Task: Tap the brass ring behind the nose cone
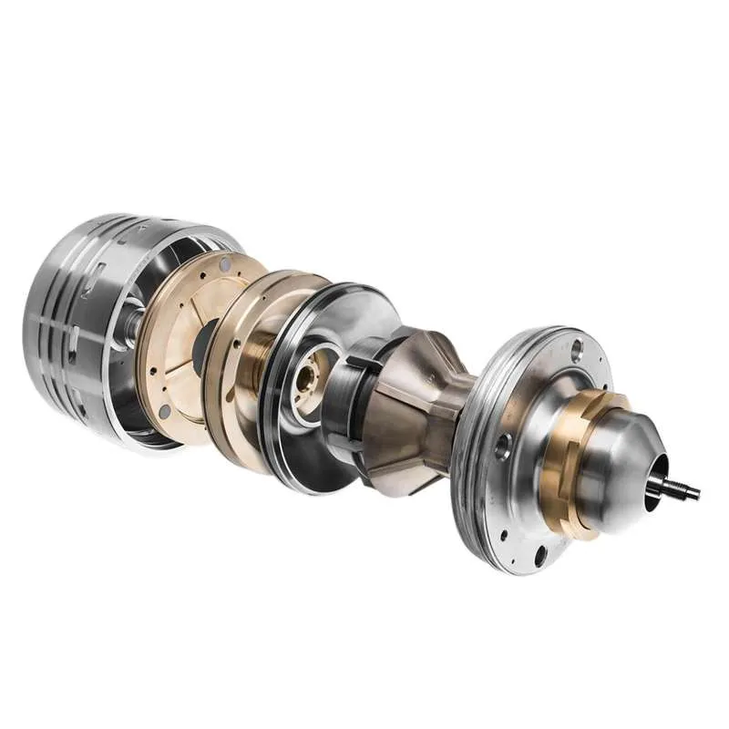(x=558, y=456)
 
